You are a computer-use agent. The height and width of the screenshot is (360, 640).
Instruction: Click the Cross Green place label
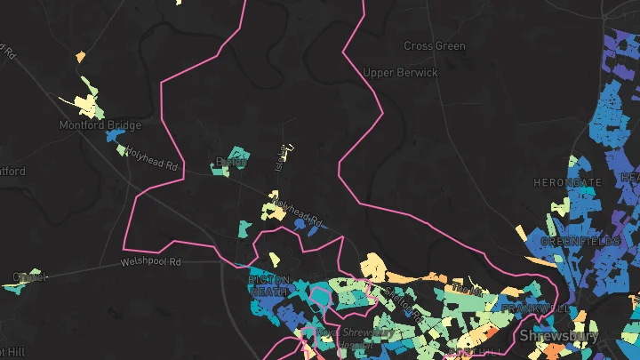point(435,45)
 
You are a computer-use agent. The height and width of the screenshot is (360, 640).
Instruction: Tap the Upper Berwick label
point(401,73)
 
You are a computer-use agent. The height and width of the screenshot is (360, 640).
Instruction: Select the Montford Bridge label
point(100,125)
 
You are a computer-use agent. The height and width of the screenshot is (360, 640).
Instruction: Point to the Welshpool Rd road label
point(151,262)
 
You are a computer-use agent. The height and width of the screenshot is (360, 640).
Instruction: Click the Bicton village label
point(230,163)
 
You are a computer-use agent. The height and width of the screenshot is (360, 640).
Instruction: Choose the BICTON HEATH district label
point(268,284)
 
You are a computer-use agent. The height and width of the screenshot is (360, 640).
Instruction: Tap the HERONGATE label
point(566,182)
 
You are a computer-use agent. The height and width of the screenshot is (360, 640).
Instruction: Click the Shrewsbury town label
point(558,336)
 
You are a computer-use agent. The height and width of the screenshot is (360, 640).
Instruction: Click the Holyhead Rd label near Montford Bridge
point(151,158)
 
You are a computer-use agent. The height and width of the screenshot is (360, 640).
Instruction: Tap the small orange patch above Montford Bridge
point(80,57)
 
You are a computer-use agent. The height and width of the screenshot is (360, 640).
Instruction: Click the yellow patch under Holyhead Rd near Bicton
point(271,211)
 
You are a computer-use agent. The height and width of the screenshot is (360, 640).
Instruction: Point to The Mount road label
point(464,289)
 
